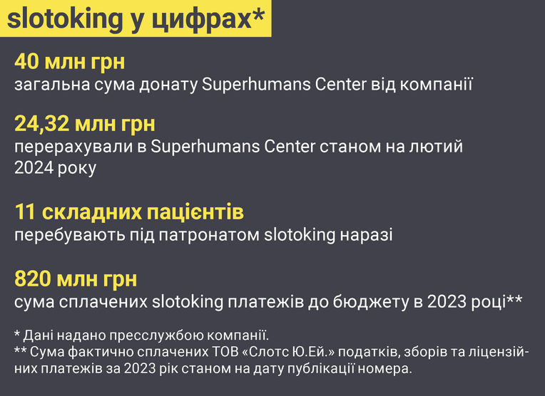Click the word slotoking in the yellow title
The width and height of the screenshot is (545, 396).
pos(65,19)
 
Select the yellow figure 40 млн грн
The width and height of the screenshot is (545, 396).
pos(69,62)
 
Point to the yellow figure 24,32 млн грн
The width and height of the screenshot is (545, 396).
pos(85,124)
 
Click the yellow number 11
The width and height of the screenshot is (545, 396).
pos(25,212)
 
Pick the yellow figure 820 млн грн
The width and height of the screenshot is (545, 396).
pos(76,278)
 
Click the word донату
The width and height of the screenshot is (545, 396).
pos(168,84)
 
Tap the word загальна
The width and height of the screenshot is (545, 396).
pos(52,85)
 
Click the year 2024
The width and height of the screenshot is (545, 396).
pos(34,167)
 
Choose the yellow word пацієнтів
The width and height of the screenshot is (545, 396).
pos(195,212)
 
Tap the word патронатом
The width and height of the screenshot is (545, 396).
pos(208,235)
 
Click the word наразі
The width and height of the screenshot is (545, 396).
pos(366,235)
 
